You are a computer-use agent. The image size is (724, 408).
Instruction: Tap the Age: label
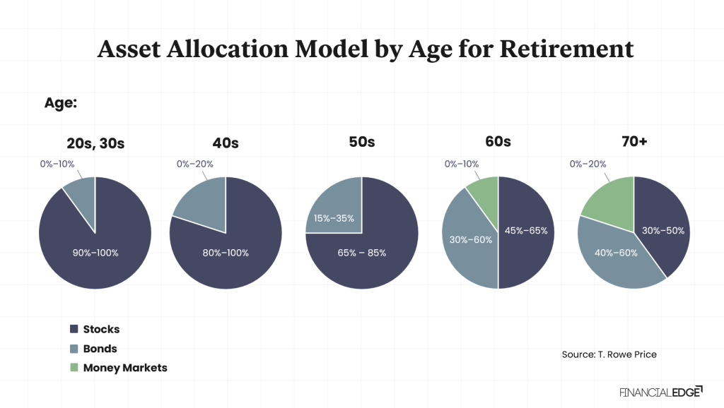60,103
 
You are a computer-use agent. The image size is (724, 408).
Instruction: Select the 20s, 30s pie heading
95,143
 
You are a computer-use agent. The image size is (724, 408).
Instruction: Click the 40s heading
226,143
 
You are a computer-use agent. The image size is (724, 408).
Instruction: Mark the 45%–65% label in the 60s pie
526,230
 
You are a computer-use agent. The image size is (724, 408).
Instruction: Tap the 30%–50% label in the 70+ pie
663,230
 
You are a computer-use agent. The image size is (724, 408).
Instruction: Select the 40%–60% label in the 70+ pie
617,252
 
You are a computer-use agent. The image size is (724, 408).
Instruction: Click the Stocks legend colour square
74,330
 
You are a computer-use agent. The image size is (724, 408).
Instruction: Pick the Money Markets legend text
125,368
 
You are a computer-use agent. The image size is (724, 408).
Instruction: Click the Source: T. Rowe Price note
609,354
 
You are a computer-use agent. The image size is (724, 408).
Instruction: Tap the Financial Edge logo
660,391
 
